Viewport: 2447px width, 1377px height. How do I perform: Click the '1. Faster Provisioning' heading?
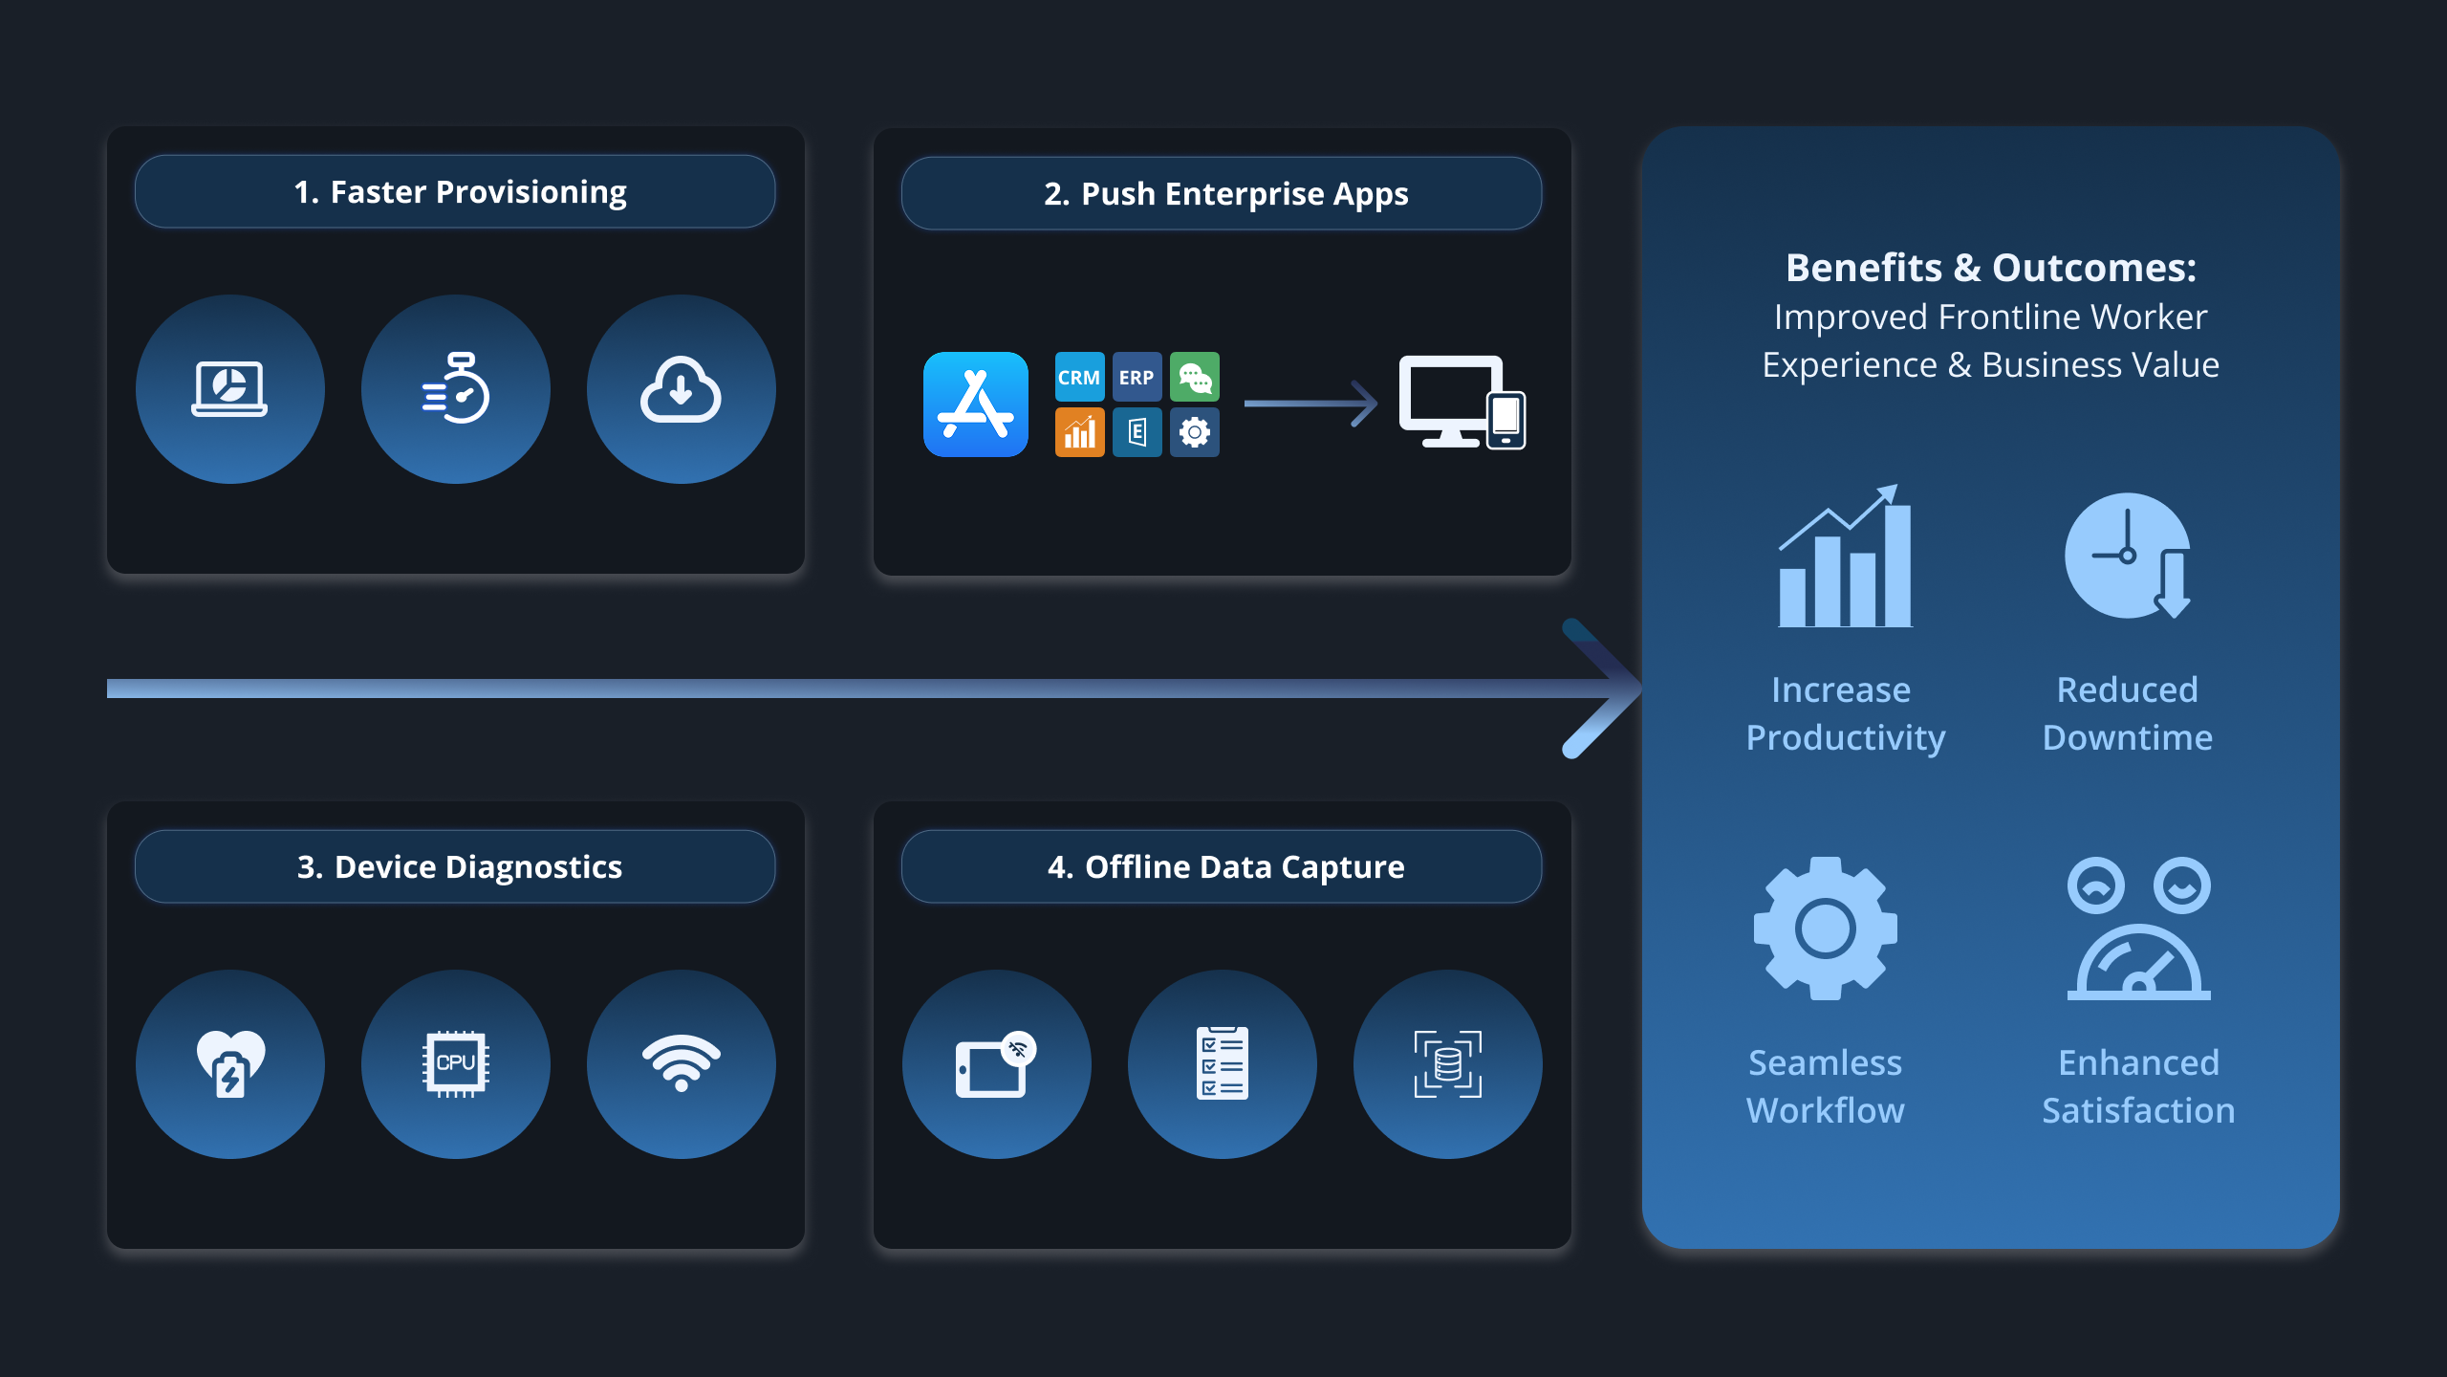tap(460, 192)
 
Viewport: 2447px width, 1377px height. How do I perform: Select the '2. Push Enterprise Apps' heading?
tap(1225, 194)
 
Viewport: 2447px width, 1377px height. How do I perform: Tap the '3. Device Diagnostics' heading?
tap(460, 867)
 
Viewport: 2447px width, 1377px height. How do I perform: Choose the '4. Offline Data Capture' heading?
tap(1225, 867)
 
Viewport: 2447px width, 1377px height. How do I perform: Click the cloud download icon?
tap(681, 389)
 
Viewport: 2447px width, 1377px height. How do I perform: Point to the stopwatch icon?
tap(456, 388)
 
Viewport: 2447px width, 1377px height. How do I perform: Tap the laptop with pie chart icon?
tap(229, 388)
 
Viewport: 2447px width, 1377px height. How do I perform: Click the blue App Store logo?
tap(976, 404)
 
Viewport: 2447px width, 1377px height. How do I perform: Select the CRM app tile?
tap(1079, 377)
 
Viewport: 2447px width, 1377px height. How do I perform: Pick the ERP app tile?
tap(1137, 377)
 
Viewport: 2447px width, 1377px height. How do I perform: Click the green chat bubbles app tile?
tap(1195, 377)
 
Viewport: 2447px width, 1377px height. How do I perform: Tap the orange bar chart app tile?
tap(1079, 432)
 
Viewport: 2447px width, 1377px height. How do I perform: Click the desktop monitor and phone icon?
tap(1462, 403)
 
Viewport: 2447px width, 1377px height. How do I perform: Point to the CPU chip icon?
tap(456, 1063)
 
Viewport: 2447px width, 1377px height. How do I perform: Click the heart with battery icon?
tap(230, 1063)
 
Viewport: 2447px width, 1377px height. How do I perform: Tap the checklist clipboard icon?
tap(1223, 1063)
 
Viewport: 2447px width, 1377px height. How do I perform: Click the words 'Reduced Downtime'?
tap(2128, 713)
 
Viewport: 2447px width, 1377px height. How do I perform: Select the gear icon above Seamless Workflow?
tap(1826, 929)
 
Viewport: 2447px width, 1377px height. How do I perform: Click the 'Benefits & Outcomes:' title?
tap(1991, 268)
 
